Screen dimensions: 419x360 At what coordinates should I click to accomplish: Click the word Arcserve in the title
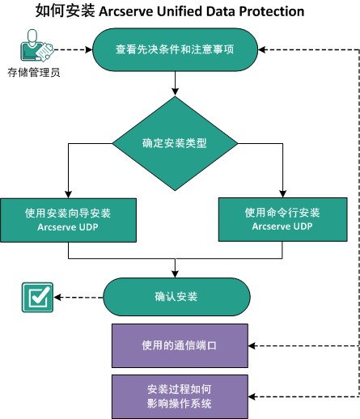pos(126,11)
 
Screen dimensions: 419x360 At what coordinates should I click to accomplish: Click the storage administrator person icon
pos(32,49)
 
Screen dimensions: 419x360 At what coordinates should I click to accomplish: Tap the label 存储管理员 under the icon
pos(33,73)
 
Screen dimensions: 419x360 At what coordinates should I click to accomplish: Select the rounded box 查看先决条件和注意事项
pos(175,50)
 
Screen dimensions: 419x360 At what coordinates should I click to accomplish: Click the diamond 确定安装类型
pos(175,143)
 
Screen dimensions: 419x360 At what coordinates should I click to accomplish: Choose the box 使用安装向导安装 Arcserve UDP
pos(68,219)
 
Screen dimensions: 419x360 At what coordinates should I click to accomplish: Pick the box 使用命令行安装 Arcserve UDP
pos(282,219)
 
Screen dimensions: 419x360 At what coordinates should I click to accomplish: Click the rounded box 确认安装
pos(176,296)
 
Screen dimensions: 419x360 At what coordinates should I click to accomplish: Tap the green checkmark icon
pos(36,297)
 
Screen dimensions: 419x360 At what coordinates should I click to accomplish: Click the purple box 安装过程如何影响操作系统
pos(180,396)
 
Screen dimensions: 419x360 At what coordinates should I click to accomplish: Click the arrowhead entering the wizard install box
pos(68,194)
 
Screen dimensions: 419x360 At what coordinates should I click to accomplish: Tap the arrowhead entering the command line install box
pos(282,194)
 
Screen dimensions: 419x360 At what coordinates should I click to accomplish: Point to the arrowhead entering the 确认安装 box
pos(175,274)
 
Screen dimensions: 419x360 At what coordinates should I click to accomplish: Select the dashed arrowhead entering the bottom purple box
pos(253,396)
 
